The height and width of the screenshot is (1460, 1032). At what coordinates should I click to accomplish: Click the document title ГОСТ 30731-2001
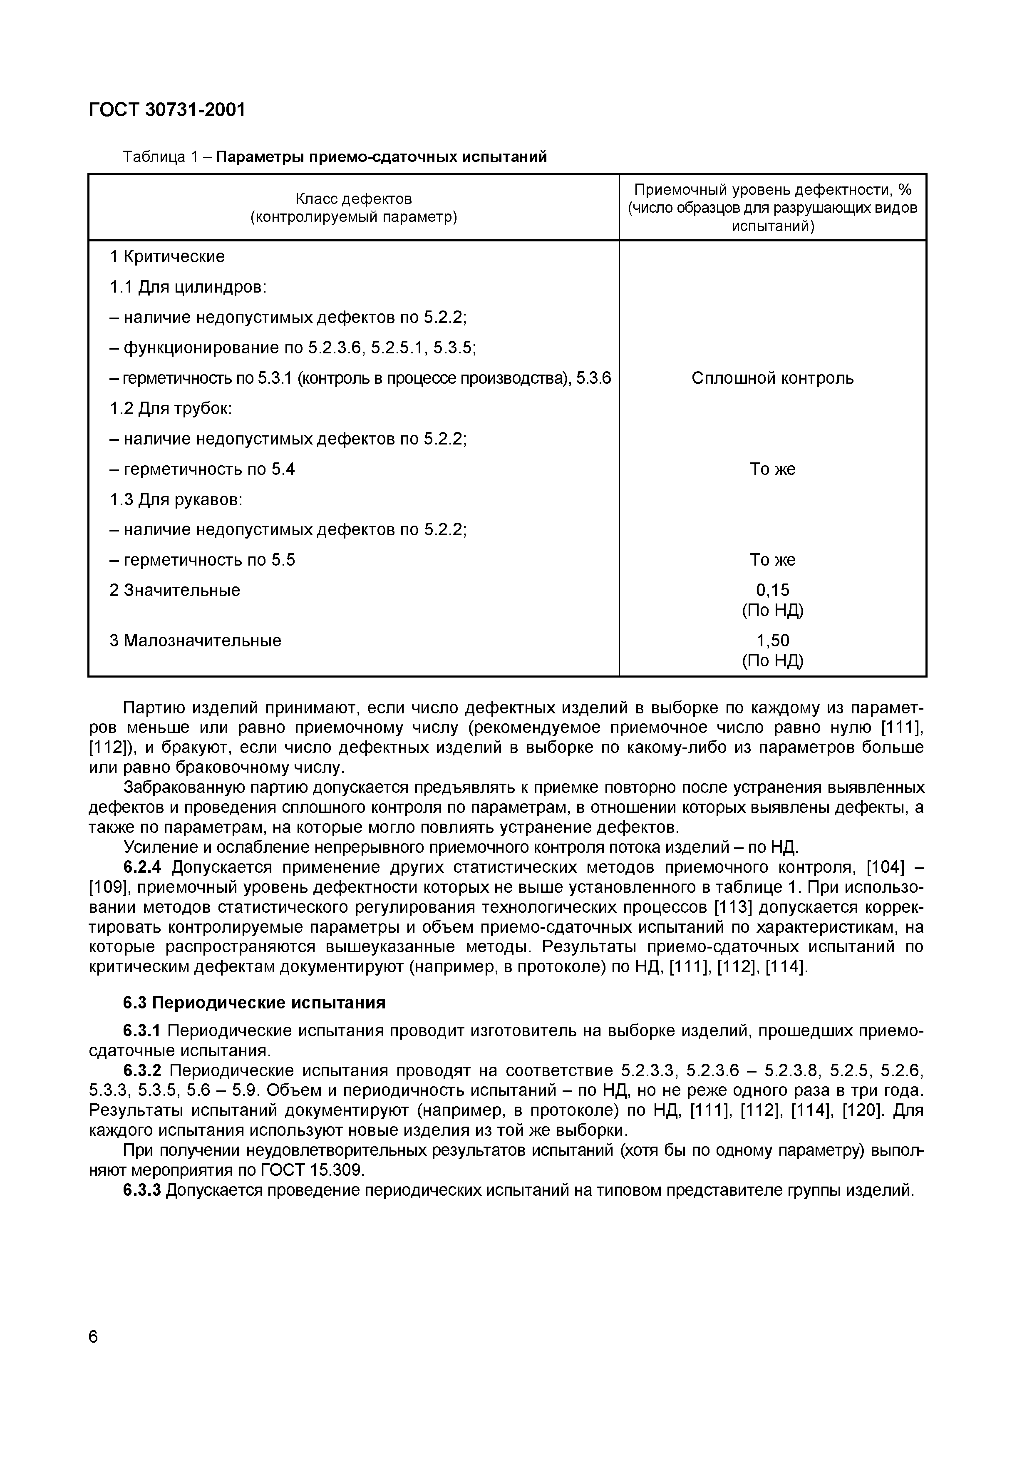(x=166, y=110)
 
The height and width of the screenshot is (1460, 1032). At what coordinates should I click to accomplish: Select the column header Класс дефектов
(x=354, y=199)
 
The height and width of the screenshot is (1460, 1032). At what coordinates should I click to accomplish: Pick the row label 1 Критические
(x=167, y=257)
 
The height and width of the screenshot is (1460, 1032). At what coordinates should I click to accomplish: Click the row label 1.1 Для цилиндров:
(x=188, y=288)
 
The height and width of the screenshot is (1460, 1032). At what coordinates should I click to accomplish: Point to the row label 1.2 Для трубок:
(x=171, y=408)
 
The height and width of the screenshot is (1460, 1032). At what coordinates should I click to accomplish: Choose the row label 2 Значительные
(x=175, y=591)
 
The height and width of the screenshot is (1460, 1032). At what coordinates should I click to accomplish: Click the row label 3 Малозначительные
(x=195, y=641)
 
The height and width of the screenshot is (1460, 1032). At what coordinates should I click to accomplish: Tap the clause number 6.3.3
(x=142, y=1190)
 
